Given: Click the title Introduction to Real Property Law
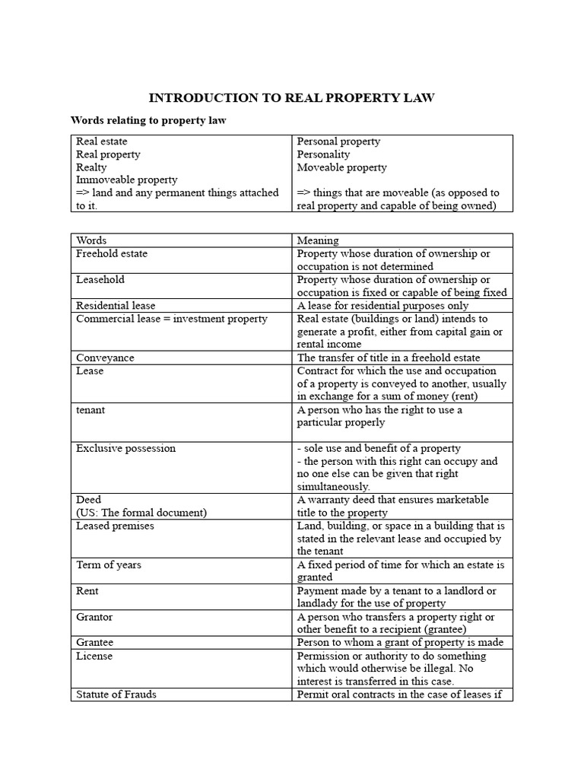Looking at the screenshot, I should coord(291,98).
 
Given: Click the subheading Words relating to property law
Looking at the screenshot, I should coord(148,120).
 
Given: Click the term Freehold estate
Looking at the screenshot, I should coord(112,253).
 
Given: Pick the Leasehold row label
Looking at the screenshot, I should coord(100,279).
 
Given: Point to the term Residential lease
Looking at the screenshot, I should coord(116,306).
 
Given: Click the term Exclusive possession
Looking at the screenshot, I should coord(125,448).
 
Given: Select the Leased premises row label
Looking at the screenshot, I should coord(115,526).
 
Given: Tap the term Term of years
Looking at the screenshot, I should coord(109,564).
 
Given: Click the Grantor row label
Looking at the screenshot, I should coord(94,616).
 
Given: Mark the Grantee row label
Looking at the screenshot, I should coord(94,643).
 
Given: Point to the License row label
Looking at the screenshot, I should coord(94,656).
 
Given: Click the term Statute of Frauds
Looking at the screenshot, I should coord(116,695).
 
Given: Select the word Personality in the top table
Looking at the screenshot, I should coord(323,154).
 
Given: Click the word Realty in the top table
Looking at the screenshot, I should coord(91,167).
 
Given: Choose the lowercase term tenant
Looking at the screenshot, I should coord(90,409).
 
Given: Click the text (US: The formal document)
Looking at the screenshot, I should coord(141,513).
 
